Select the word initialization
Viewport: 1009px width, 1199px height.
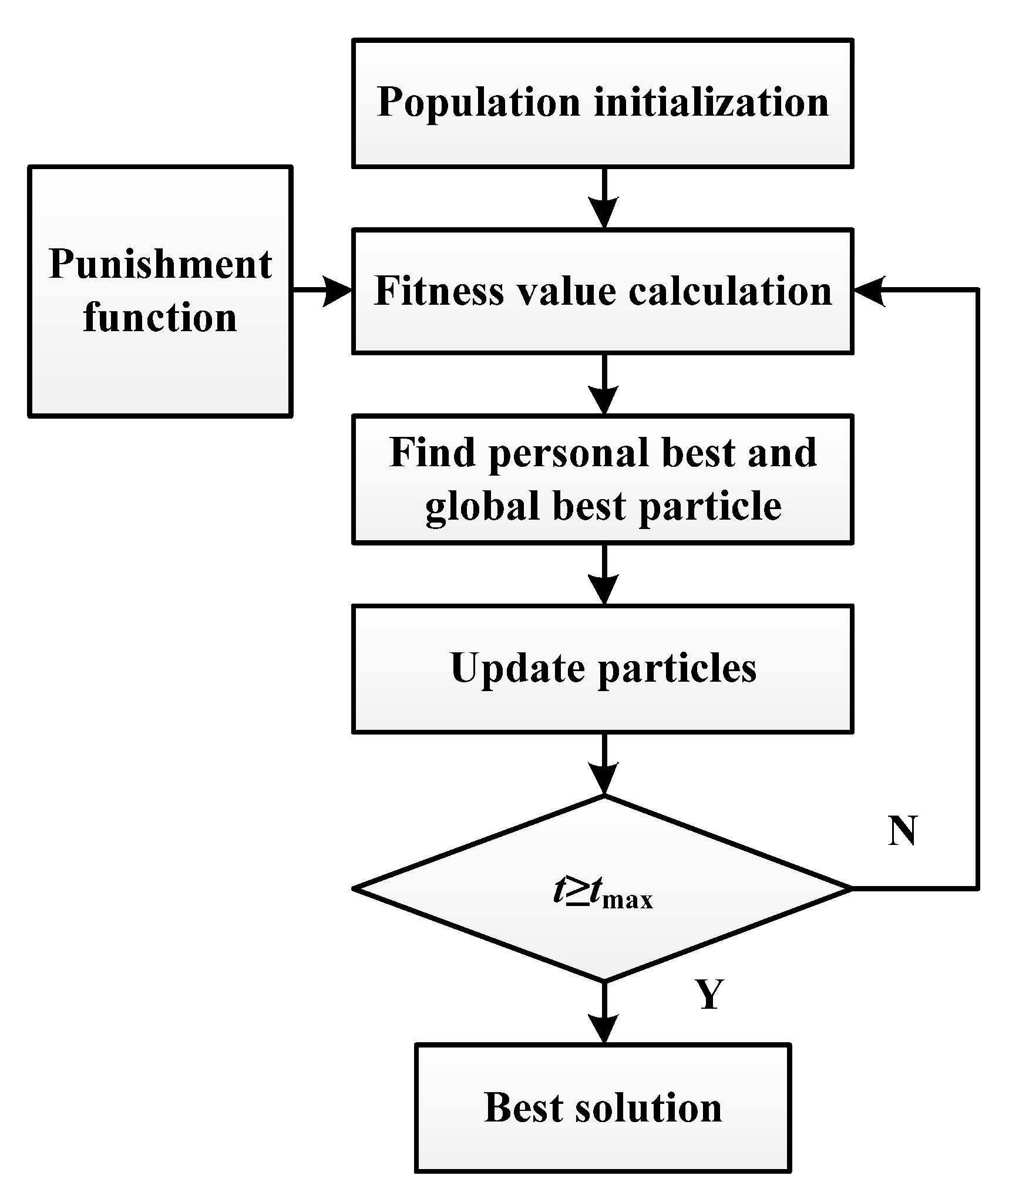point(711,102)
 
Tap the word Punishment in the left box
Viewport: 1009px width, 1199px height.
point(160,264)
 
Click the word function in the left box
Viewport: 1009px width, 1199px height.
point(160,318)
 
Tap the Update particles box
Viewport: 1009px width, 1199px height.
point(603,669)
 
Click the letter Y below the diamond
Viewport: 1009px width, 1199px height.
point(709,994)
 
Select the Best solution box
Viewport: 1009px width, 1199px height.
point(603,1107)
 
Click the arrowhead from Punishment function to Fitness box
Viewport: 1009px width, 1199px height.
point(338,290)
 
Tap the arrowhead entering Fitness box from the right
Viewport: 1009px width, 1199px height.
point(869,290)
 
